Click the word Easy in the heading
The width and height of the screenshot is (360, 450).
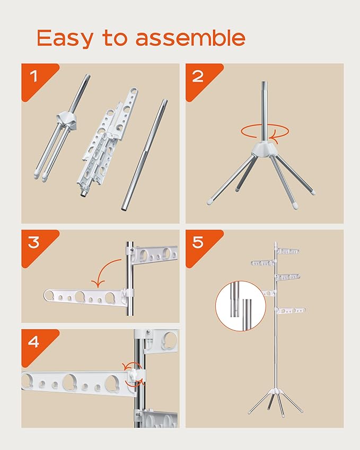click(x=64, y=38)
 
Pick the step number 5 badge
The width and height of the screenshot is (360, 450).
click(x=198, y=243)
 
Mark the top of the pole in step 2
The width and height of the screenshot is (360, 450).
click(x=264, y=85)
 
